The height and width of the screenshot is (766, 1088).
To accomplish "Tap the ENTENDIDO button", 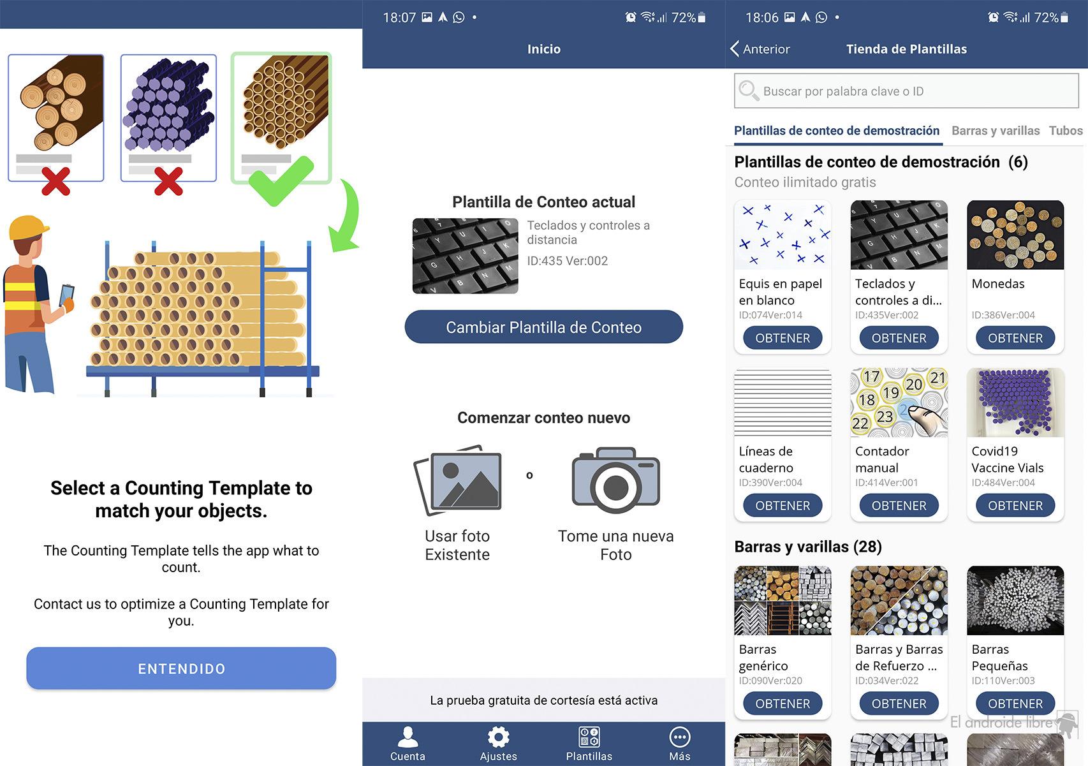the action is [181, 668].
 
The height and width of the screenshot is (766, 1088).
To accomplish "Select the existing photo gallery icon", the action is [457, 480].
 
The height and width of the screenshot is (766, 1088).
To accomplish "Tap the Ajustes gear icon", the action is [498, 737].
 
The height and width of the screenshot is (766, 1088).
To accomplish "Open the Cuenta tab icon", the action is [408, 737].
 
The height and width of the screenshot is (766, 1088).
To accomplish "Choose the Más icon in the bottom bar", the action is [679, 737].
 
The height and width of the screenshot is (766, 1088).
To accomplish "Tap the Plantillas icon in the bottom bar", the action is [589, 737].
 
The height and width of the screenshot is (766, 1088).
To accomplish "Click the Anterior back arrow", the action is [735, 48].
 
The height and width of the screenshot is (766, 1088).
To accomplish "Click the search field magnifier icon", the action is [749, 91].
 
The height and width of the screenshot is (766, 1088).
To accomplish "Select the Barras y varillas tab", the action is [996, 131].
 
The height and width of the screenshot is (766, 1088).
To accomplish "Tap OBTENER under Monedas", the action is [1015, 338].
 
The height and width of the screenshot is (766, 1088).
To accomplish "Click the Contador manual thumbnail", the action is [899, 402].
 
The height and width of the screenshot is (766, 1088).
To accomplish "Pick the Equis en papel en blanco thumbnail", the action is [783, 235].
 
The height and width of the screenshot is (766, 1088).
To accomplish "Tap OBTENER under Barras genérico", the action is [783, 703].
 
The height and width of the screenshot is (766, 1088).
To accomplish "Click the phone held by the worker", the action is [66, 295].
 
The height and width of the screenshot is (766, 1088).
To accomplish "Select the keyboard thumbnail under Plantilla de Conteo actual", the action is [466, 256].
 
